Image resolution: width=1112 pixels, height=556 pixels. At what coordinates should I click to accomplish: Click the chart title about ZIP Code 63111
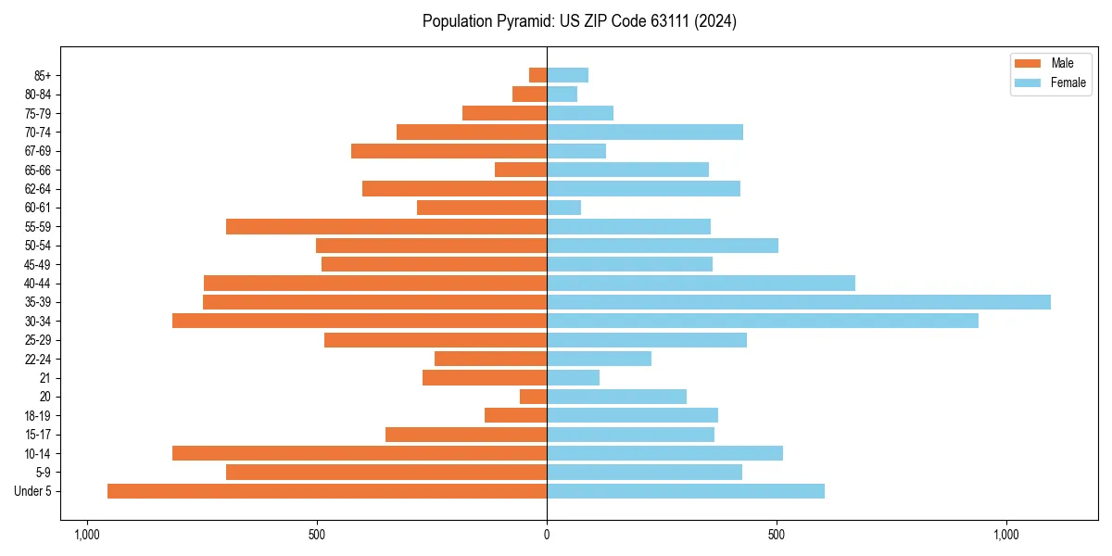[579, 21]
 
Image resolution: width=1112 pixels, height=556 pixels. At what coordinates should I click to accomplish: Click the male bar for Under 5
[327, 491]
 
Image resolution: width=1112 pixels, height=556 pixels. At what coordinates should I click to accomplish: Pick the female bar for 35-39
[799, 302]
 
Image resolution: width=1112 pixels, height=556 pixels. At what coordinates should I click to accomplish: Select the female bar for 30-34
[763, 321]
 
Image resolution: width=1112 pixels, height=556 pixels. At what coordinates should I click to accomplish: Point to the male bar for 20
[533, 397]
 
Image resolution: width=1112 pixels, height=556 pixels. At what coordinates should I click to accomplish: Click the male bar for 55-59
[386, 226]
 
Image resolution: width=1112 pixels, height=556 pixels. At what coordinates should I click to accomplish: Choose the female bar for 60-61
[564, 208]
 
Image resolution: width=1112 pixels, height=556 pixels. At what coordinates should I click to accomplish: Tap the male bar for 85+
[537, 75]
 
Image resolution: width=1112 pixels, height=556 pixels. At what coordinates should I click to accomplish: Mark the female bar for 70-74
[645, 132]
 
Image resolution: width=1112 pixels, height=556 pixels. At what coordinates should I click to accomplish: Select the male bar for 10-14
[360, 453]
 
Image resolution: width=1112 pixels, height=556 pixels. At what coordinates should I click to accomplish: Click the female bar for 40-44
[701, 283]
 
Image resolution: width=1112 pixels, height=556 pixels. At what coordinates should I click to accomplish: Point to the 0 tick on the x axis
[547, 535]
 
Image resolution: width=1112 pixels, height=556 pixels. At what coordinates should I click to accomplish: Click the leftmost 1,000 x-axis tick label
[86, 535]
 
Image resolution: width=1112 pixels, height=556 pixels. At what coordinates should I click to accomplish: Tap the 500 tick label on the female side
[777, 535]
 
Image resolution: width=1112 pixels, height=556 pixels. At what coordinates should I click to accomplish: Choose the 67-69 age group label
[37, 151]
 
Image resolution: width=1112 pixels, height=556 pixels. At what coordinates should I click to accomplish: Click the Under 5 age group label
[32, 491]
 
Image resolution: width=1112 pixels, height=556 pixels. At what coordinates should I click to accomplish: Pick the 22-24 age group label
[37, 359]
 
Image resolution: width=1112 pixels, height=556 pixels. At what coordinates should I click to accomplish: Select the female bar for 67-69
[576, 151]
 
